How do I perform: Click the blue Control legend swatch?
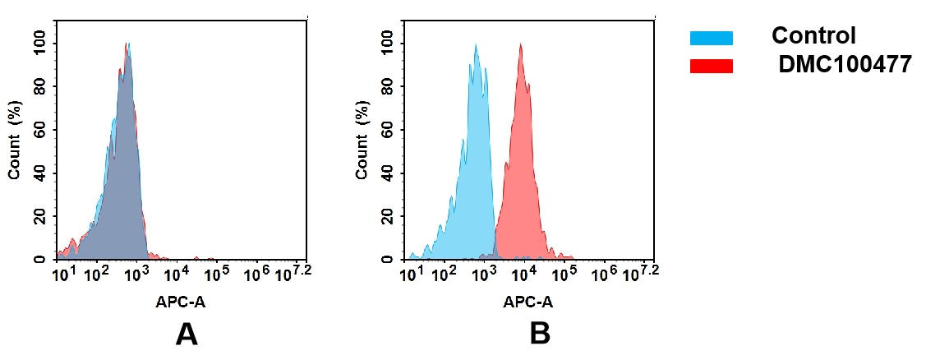711,38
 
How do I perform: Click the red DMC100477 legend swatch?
711,66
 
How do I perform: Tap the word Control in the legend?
813,36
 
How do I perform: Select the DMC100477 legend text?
845,65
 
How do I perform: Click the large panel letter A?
187,334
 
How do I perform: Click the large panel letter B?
539,334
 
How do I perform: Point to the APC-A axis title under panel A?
181,302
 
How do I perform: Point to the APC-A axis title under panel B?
528,302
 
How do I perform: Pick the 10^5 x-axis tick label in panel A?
216,272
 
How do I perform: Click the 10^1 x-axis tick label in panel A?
63,272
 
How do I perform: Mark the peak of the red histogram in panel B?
521,44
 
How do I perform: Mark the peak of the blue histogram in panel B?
476,45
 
